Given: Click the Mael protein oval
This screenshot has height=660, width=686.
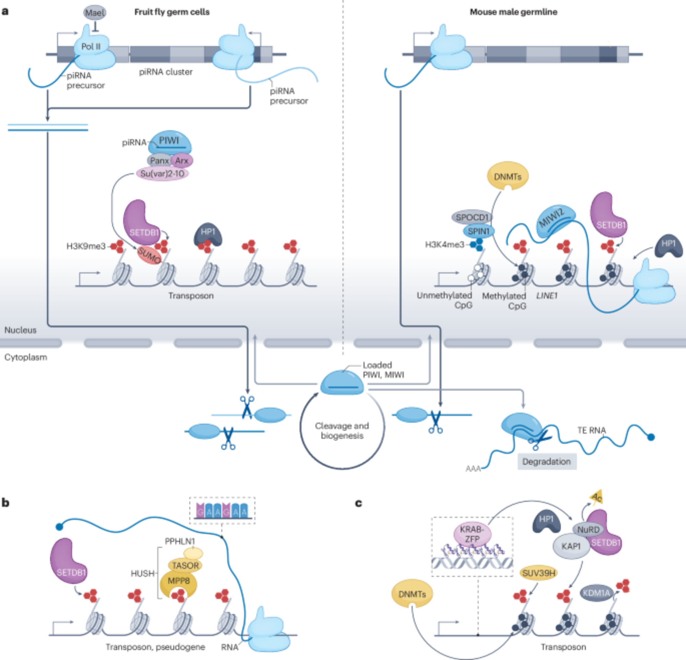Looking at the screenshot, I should click(x=95, y=13).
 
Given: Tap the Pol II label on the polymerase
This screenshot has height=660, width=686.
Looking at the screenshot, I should click(x=91, y=46).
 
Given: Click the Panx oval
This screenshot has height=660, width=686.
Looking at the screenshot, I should click(x=159, y=161).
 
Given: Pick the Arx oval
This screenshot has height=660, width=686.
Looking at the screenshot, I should click(x=182, y=161).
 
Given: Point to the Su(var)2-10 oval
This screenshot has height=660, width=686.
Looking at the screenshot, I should click(x=162, y=174).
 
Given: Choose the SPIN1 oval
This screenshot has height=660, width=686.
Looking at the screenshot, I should click(x=478, y=231).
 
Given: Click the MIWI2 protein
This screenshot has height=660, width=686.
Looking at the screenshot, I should click(x=556, y=221).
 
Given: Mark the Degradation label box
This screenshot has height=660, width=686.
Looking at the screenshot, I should click(x=547, y=462).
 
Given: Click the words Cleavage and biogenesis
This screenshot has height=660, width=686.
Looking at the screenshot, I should click(x=342, y=431).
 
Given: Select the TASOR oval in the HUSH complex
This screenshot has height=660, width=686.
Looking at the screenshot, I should click(x=185, y=565).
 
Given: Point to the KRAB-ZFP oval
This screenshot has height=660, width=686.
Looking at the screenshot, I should click(x=472, y=534).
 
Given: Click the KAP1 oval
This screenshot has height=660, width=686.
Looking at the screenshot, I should click(x=571, y=546).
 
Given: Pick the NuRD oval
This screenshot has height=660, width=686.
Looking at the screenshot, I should click(x=588, y=529).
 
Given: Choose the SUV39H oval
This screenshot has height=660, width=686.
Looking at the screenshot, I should click(x=538, y=573).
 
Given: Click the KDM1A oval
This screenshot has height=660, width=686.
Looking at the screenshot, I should click(x=596, y=593).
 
